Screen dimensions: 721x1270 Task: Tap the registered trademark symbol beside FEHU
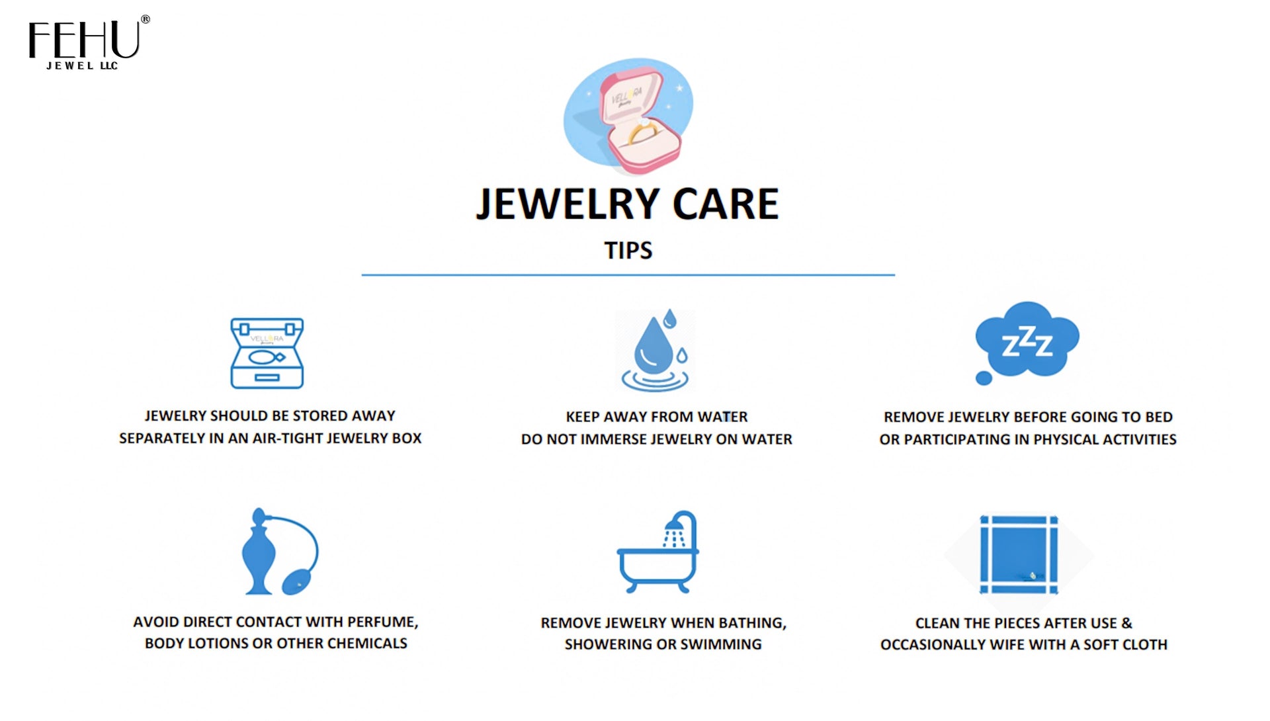click(x=145, y=20)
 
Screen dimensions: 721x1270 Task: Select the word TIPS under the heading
click(x=628, y=251)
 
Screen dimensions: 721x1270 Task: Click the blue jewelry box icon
click(x=267, y=353)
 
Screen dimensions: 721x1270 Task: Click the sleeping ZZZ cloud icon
click(x=1027, y=339)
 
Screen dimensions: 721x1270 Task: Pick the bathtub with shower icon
click(x=657, y=553)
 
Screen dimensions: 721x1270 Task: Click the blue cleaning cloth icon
click(x=1019, y=554)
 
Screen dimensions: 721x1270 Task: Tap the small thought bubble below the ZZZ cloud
click(x=984, y=378)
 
